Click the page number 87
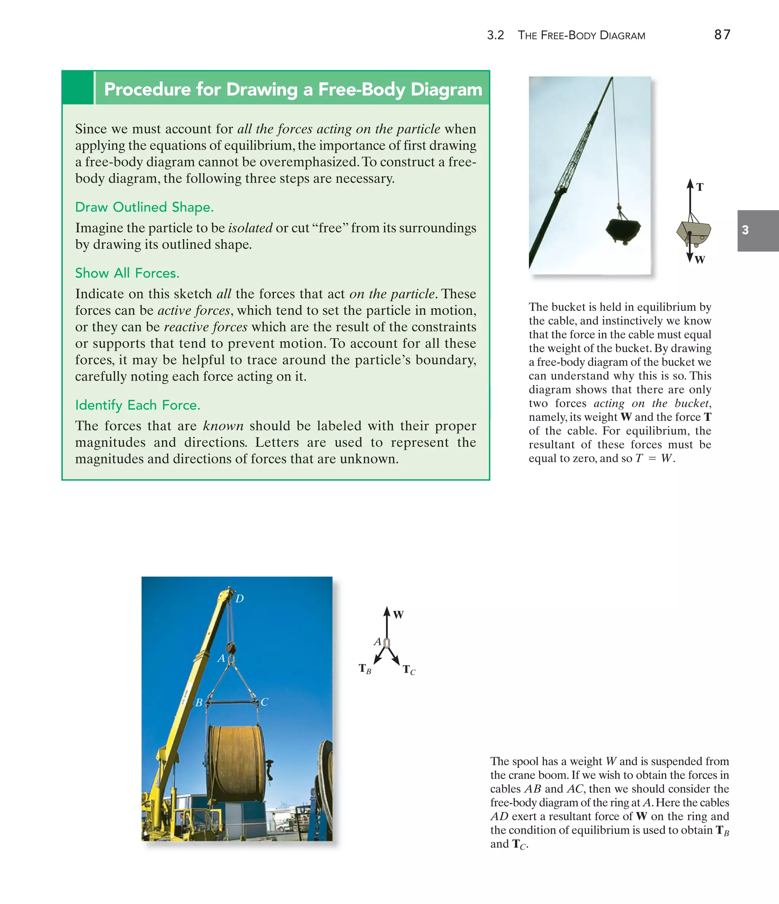[722, 35]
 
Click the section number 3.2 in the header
[495, 35]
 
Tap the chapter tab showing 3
[745, 230]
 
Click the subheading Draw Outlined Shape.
[145, 207]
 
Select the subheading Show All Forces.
[127, 273]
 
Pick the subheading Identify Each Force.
[137, 405]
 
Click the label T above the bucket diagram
[700, 187]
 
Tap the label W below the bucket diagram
[700, 260]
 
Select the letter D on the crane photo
[240, 599]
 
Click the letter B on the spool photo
[199, 702]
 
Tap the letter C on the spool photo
[264, 702]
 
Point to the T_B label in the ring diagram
[365, 669]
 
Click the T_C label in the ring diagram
[409, 670]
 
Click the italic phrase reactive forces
[205, 327]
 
